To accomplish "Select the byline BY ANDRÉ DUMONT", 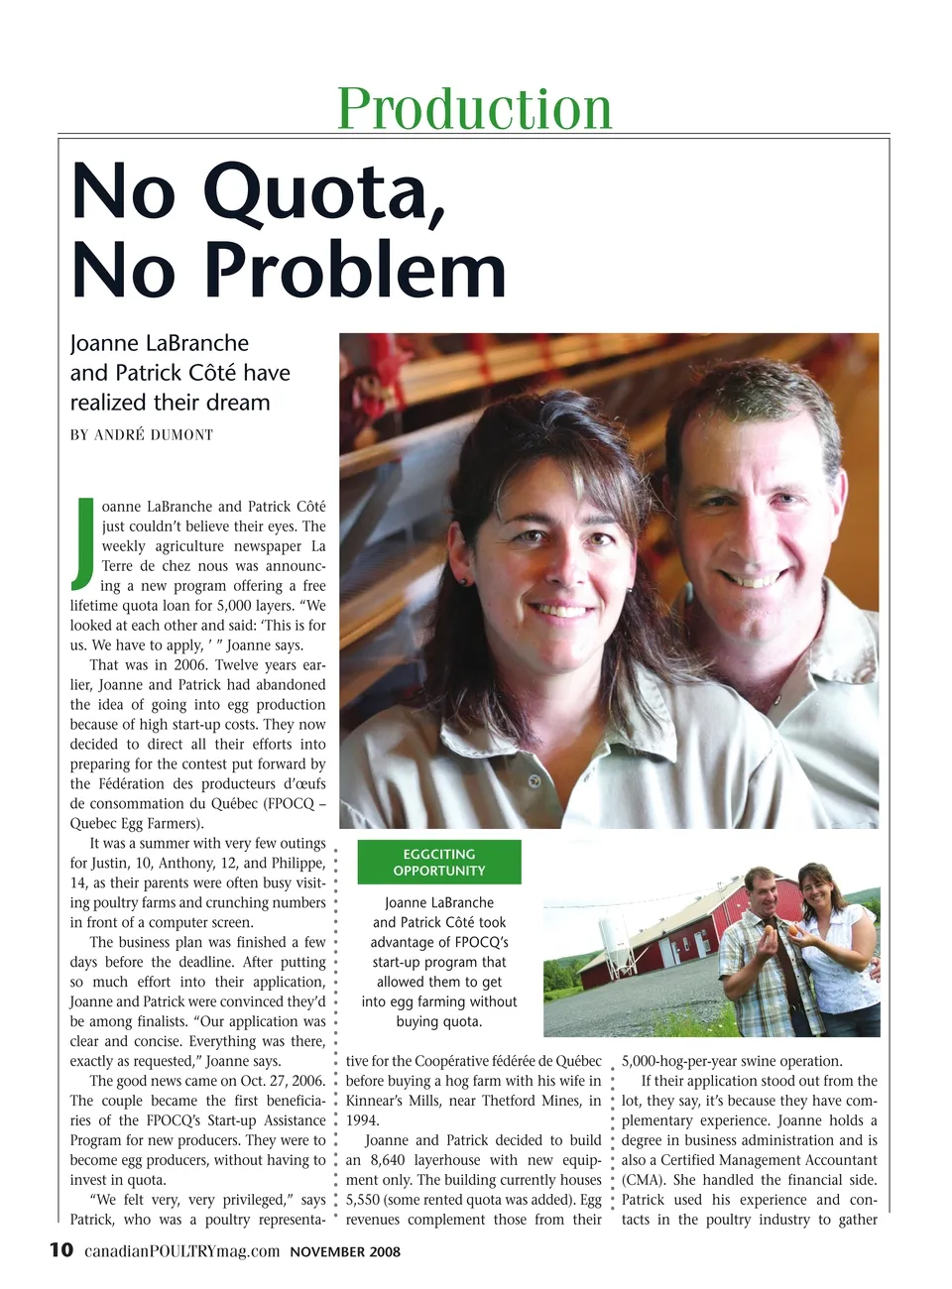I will click(x=141, y=434).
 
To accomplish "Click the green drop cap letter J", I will click(x=84, y=540).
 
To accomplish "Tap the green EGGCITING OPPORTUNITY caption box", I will click(x=438, y=862).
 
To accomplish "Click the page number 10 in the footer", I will click(x=61, y=1249).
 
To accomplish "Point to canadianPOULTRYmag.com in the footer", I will click(x=181, y=1251).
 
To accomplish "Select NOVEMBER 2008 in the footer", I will click(x=345, y=1251).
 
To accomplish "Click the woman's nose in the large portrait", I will click(x=556, y=570).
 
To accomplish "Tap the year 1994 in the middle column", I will click(x=362, y=1120).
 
